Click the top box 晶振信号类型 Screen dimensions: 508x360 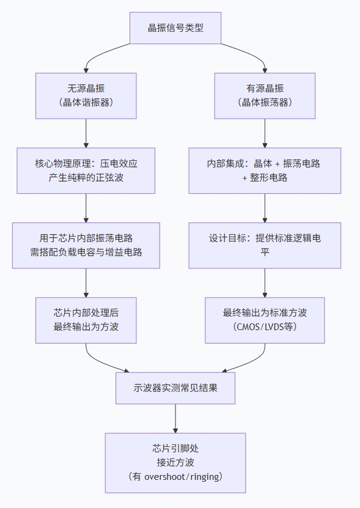click(x=175, y=28)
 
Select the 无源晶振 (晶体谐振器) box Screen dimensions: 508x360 click(x=86, y=95)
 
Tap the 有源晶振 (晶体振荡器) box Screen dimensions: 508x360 click(x=265, y=95)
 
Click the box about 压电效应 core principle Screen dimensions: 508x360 click(x=86, y=171)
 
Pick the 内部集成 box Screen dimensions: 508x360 click(x=265, y=171)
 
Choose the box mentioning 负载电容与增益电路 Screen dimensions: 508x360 click(x=86, y=245)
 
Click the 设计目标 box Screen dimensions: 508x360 click(x=265, y=245)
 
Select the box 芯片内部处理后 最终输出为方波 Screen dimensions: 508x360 click(x=86, y=320)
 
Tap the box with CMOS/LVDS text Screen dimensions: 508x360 click(x=265, y=320)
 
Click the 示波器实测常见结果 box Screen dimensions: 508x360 click(x=175, y=388)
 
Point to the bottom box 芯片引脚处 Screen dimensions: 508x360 click(x=175, y=462)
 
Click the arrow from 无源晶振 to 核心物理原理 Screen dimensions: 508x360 click(x=86, y=133)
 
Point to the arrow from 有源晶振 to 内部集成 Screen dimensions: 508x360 click(x=265, y=133)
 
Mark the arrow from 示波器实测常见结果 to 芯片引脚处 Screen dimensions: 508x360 click(x=175, y=419)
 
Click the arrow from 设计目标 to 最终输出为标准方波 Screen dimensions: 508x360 click(x=265, y=283)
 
